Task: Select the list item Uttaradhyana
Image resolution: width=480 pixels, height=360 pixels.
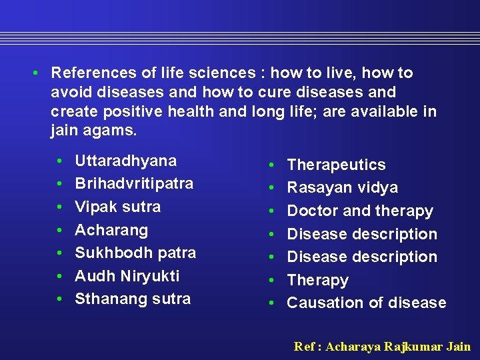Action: coord(125,161)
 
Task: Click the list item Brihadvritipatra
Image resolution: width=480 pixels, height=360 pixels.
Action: coord(134,183)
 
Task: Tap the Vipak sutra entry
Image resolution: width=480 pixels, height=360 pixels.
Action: coord(117,207)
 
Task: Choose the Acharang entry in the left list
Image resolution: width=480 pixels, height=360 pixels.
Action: coord(111,230)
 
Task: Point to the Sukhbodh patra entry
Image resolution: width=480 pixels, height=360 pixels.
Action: coord(135,253)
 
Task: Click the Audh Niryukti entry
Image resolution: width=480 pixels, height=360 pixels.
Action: coord(127,276)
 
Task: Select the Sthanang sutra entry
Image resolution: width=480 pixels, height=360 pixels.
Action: coord(133,299)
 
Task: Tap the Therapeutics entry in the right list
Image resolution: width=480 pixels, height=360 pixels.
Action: coord(336,165)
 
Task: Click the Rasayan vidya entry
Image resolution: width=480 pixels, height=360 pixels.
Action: coord(342,188)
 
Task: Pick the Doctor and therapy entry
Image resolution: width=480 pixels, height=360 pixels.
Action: coord(360,211)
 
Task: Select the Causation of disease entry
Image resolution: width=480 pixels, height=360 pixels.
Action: coord(366,303)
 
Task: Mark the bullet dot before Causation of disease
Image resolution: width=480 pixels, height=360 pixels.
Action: coord(271,303)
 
